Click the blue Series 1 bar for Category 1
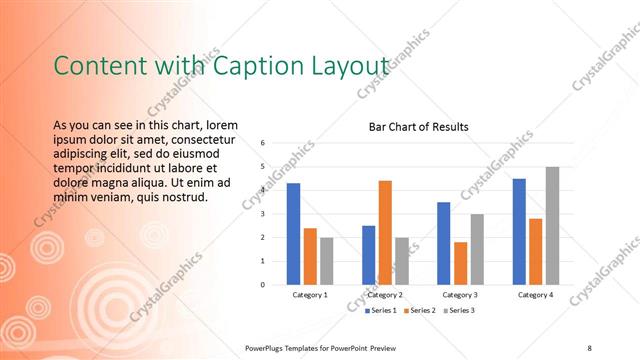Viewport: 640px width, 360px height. tap(293, 234)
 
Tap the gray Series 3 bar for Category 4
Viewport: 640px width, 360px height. tap(552, 226)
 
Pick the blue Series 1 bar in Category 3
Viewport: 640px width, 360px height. tap(444, 243)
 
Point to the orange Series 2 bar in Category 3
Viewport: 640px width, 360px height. tap(460, 263)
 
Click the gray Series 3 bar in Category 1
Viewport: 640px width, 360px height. tap(326, 261)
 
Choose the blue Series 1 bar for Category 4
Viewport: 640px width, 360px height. tap(519, 232)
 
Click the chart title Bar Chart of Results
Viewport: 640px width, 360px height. tap(418, 127)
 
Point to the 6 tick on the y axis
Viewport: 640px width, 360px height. tap(262, 142)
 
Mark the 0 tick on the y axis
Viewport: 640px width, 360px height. tap(262, 285)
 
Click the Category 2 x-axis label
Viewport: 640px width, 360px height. tap(385, 295)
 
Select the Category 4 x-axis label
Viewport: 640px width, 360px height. tap(535, 295)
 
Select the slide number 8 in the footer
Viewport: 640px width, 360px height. tap(590, 347)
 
